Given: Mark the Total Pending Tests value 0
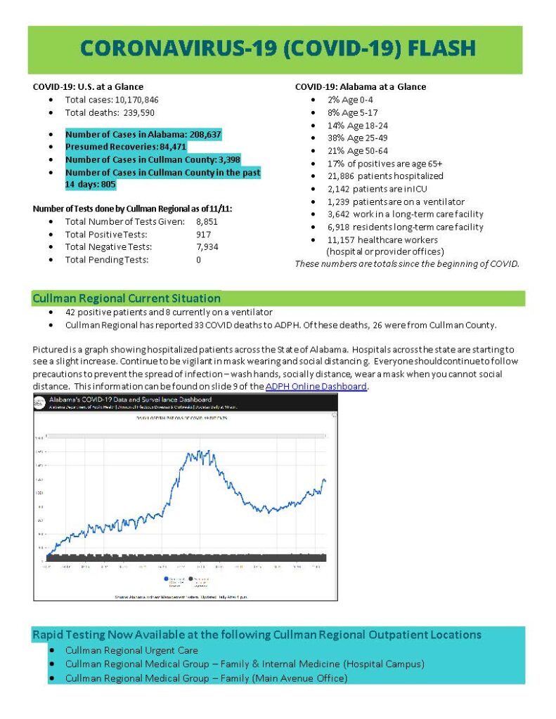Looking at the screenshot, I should pyautogui.click(x=199, y=259).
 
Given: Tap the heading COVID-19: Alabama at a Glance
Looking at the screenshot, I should pyautogui.click(x=360, y=87).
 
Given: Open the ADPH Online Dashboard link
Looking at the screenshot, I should pyautogui.click(x=316, y=386).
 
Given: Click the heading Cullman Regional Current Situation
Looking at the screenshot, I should pyautogui.click(x=127, y=298).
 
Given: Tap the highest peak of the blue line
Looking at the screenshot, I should pyautogui.click(x=200, y=451).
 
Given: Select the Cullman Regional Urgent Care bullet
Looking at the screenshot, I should pyautogui.click(x=131, y=650).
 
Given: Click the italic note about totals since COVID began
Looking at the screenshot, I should pyautogui.click(x=406, y=264).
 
